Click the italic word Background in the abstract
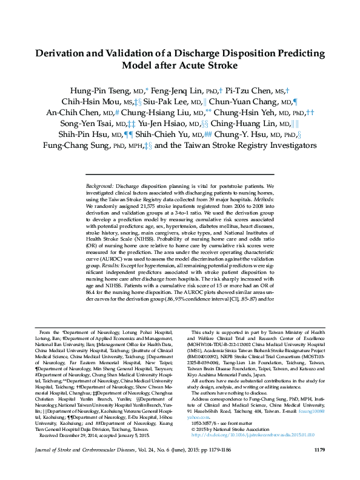pyautogui.click(x=99, y=185)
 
